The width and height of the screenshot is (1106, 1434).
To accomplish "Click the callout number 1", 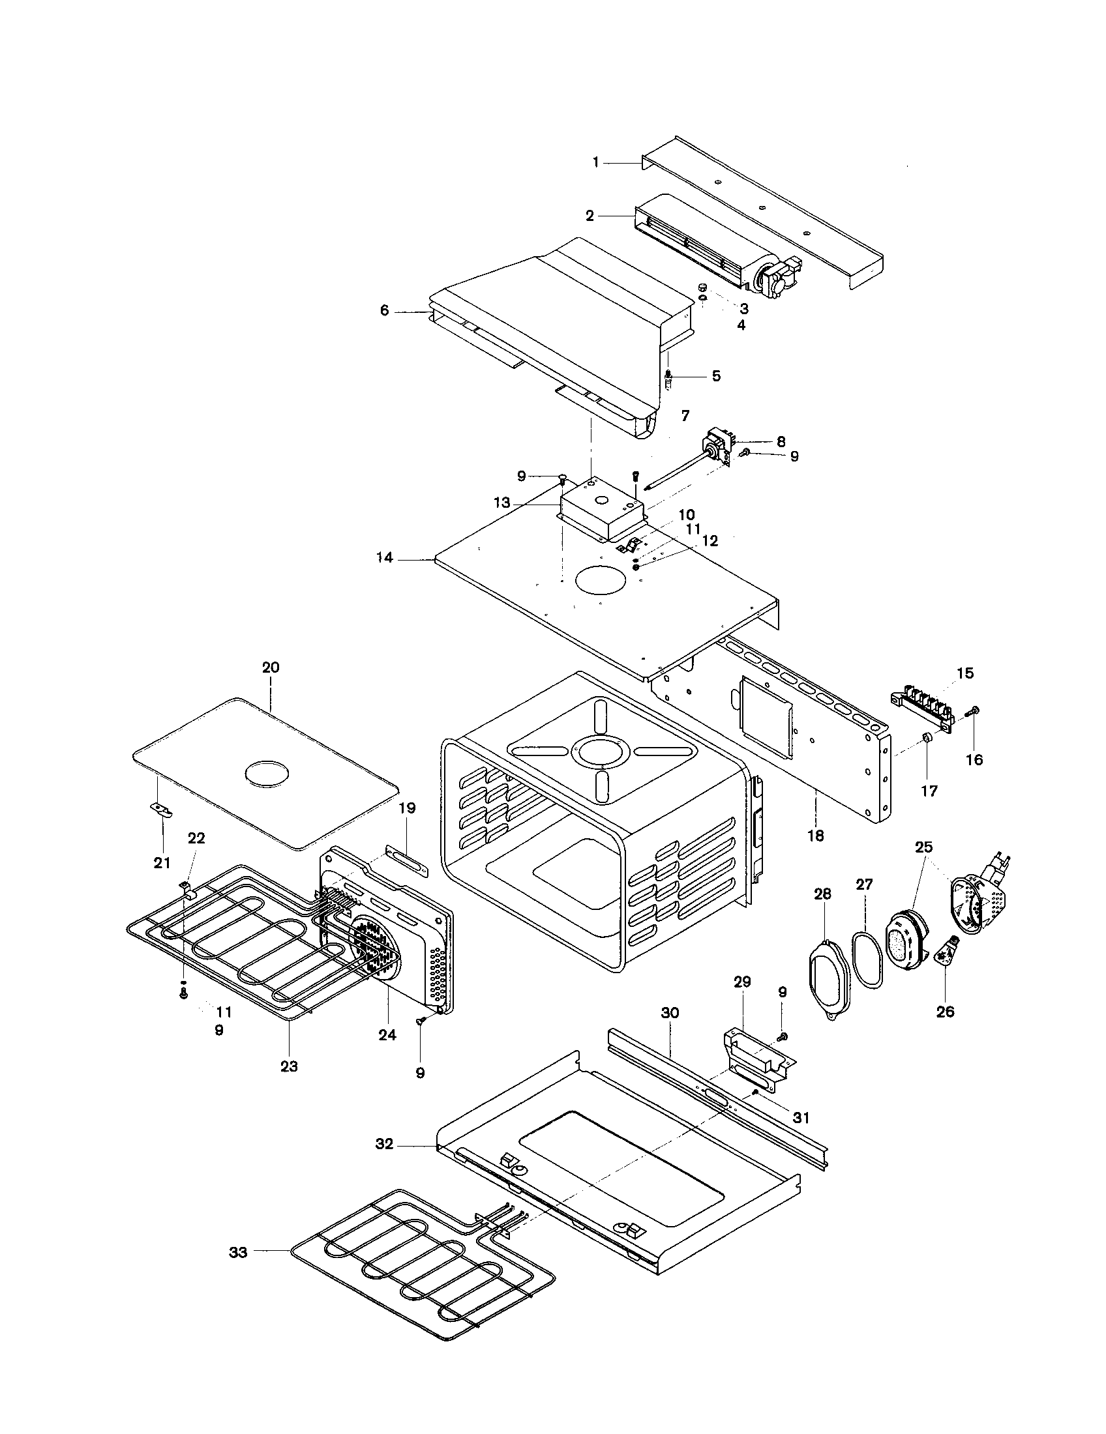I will [595, 162].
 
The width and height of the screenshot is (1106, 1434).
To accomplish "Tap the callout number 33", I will [238, 1253].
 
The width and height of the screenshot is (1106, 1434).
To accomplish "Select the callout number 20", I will [271, 667].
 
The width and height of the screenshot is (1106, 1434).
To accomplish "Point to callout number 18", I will [815, 836].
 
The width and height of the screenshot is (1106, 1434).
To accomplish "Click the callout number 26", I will [945, 1012].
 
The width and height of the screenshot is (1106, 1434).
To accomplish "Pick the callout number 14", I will [385, 557].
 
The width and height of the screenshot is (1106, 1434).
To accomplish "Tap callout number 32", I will [384, 1144].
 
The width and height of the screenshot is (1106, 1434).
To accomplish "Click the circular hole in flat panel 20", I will [266, 773].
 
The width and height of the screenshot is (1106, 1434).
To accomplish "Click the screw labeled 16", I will [973, 711].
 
